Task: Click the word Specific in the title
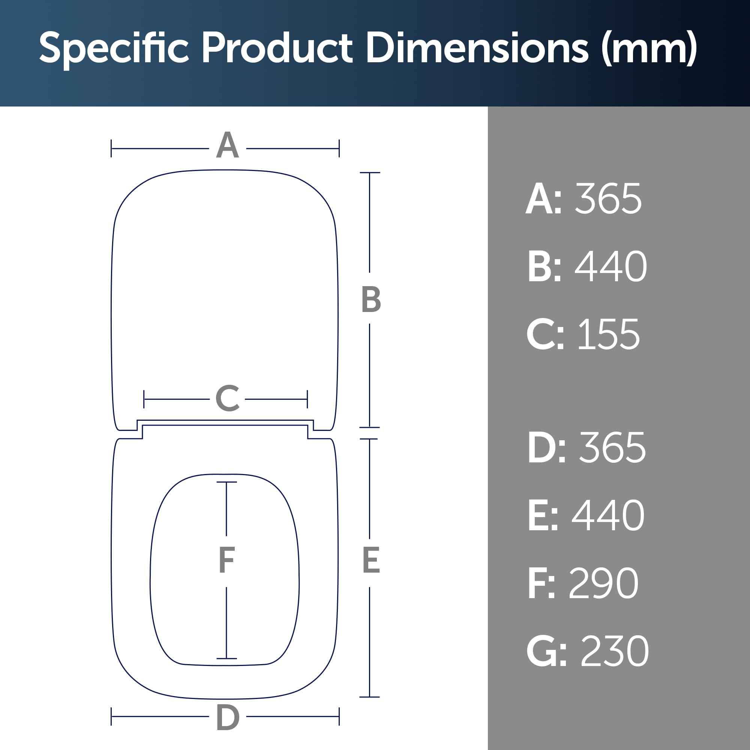coord(114,49)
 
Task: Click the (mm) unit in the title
coord(649,49)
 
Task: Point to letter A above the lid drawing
coord(228,145)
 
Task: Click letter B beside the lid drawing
coord(371,299)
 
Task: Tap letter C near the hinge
coord(228,398)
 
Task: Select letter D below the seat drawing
coord(228,718)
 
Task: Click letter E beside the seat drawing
coord(371,560)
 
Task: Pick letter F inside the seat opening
coord(227,559)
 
